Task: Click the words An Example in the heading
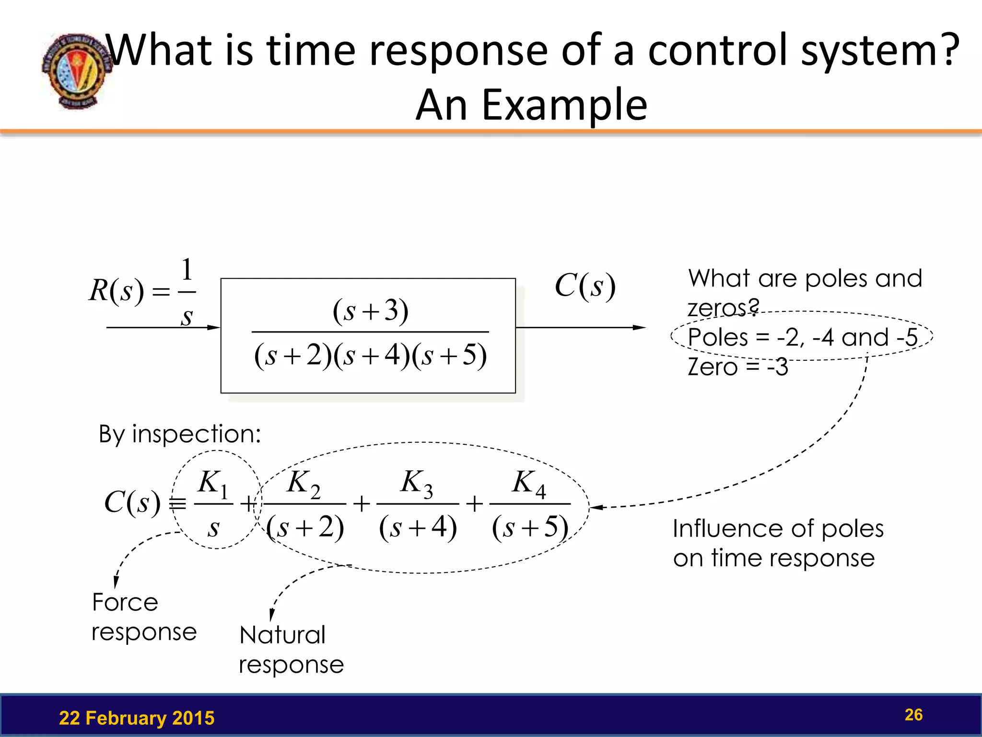click(x=531, y=105)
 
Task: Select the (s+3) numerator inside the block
click(x=370, y=310)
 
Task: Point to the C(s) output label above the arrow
click(x=585, y=286)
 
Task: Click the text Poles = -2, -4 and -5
click(x=802, y=337)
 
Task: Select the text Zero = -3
click(x=737, y=367)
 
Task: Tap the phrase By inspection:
click(x=180, y=434)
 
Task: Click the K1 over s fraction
click(x=214, y=504)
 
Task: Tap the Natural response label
click(x=291, y=650)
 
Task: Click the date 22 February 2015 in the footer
click(x=137, y=718)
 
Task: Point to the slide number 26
click(x=913, y=714)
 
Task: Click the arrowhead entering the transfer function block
click(x=214, y=328)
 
